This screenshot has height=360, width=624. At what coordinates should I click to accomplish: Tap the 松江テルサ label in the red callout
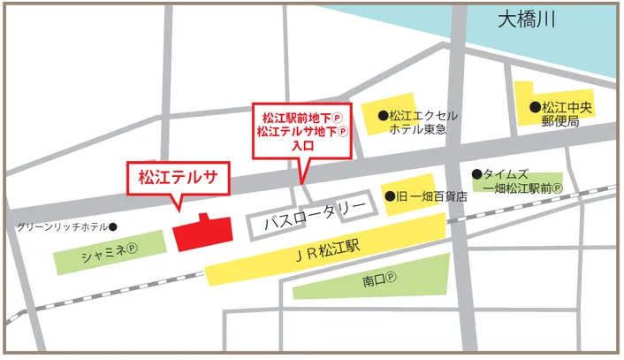(179, 176)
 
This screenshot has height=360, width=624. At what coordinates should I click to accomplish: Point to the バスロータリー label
(315, 209)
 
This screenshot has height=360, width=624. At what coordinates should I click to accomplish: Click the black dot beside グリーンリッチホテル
(113, 226)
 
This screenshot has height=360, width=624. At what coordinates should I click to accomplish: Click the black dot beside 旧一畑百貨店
(392, 195)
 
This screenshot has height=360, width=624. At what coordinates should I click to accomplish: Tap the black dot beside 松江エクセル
(383, 115)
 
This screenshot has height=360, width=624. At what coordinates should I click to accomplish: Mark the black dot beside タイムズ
(477, 174)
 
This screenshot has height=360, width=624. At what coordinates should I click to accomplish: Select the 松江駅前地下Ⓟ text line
(303, 117)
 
